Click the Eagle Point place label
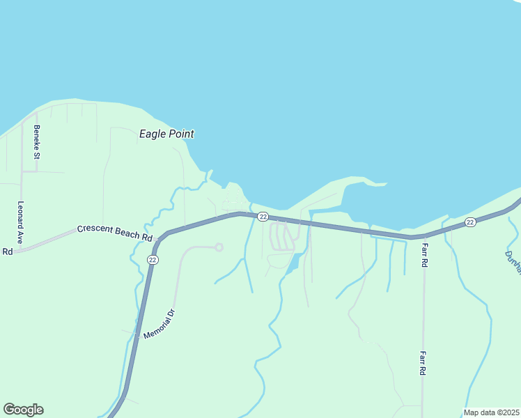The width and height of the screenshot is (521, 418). [166, 134]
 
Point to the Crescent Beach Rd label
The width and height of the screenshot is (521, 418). [115, 233]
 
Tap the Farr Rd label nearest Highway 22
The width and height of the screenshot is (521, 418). [423, 256]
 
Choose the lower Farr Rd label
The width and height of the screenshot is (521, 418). [423, 363]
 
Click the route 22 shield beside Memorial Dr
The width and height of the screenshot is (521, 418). [153, 259]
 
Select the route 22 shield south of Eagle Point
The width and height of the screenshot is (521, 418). [263, 217]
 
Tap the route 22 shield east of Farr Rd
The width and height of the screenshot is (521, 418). [470, 222]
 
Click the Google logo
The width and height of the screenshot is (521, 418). [23, 410]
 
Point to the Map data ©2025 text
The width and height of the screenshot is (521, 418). [491, 412]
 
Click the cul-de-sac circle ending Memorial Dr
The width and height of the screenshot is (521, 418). [219, 247]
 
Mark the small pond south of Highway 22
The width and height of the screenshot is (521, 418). [294, 263]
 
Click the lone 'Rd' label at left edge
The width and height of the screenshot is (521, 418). [8, 251]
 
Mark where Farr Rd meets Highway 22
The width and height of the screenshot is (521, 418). [423, 237]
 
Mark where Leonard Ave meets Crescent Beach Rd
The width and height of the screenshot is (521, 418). [22, 249]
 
